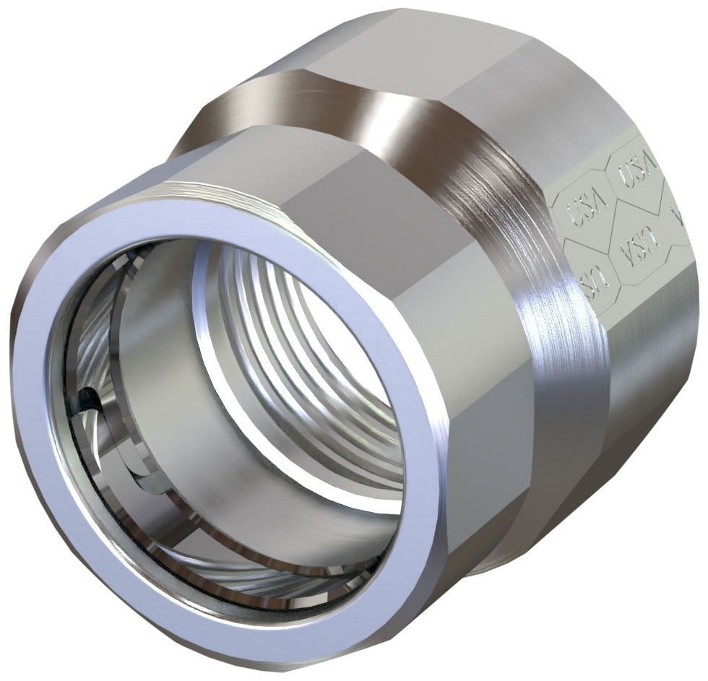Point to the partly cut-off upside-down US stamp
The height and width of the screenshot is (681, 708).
(595, 282)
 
